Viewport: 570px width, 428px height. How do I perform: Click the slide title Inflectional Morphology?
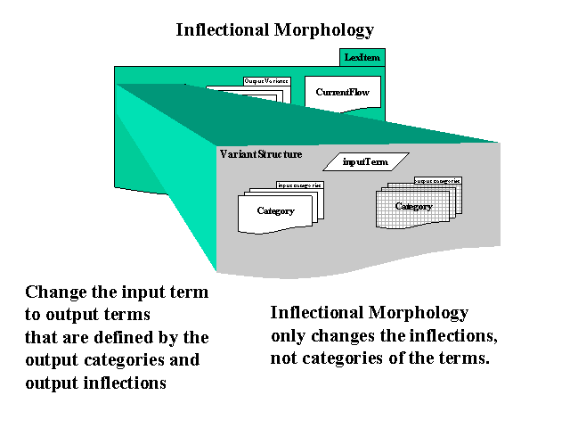coord(274,29)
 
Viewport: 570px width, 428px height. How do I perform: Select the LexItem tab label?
coord(363,57)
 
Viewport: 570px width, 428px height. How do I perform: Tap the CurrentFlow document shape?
coord(343,93)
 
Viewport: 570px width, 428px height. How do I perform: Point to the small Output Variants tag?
coord(266,81)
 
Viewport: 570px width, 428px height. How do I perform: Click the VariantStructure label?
coord(261,154)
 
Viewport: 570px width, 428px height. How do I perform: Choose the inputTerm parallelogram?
coord(365,161)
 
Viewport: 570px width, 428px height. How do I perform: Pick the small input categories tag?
coord(299,185)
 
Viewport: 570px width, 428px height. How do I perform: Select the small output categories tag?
coord(437,181)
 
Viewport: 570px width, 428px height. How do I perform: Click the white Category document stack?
coord(276,211)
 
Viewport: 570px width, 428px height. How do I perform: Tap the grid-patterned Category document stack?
coord(413,207)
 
